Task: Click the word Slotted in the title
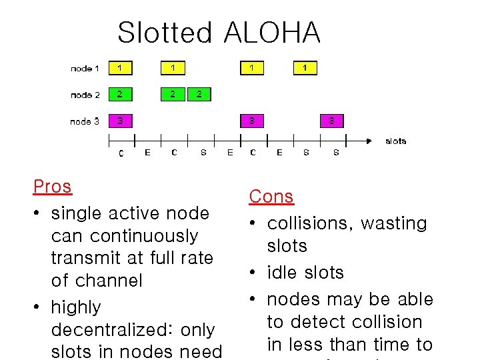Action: coord(165,33)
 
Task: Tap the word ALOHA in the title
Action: coord(272,33)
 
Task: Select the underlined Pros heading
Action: coord(52,187)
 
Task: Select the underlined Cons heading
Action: coord(271,197)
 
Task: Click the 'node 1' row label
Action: coord(85,69)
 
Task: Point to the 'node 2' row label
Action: coord(85,95)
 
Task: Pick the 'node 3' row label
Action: coord(85,121)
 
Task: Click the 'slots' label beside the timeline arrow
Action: coord(395,141)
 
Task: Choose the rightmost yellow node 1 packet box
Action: coord(305,68)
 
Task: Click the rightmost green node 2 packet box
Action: coord(199,94)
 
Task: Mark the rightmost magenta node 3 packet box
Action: coord(332,121)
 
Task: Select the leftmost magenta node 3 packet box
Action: coord(120,121)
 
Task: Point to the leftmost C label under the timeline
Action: coord(121,153)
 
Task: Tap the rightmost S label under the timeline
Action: coord(335,153)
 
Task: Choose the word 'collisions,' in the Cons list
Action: coord(309,223)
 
